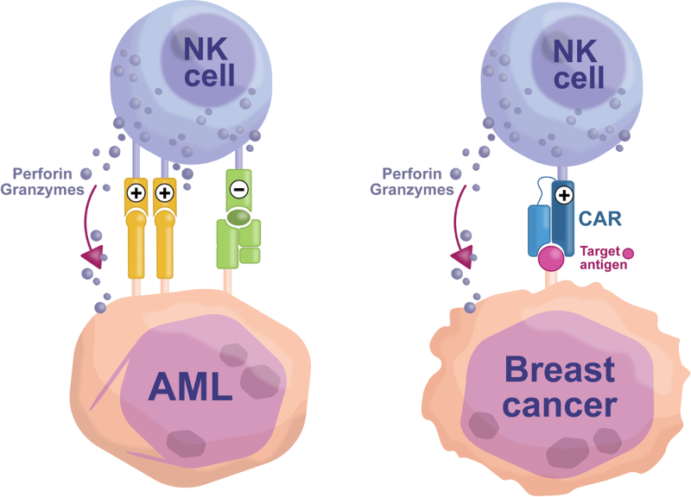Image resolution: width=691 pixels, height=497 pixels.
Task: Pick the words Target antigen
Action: (599, 256)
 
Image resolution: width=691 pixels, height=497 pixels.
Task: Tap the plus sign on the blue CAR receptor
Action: (562, 194)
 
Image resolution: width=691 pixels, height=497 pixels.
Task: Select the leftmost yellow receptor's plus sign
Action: (136, 192)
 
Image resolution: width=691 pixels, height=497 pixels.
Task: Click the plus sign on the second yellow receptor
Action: (163, 192)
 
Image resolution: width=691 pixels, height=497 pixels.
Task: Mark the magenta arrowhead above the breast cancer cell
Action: (459, 255)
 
